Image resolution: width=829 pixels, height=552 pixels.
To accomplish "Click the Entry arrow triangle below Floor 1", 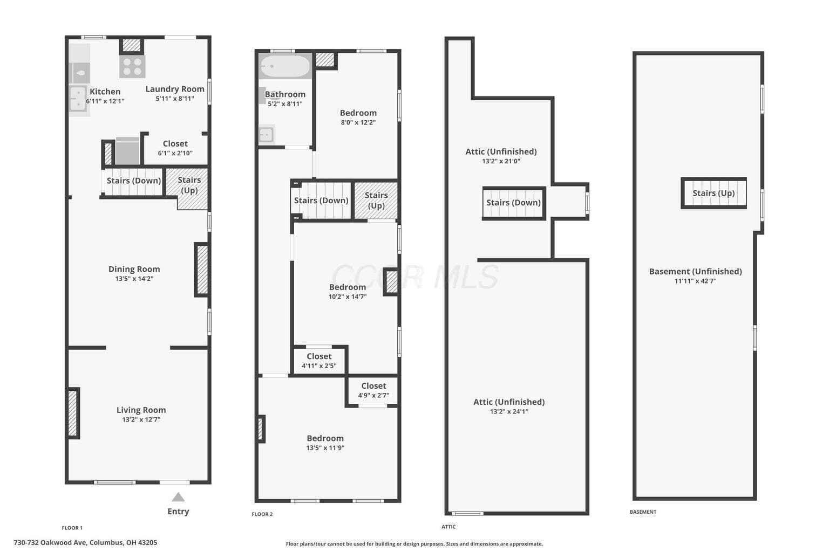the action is click(x=178, y=497).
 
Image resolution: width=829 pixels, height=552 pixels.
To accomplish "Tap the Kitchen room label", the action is click(x=105, y=92).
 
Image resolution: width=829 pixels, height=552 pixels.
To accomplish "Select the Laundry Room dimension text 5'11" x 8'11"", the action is click(x=175, y=98).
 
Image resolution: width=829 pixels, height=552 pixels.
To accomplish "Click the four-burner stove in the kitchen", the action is click(x=132, y=66).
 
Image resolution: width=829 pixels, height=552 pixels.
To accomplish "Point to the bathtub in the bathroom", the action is click(x=284, y=66).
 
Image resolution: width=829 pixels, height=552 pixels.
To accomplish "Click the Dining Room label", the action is click(x=134, y=269).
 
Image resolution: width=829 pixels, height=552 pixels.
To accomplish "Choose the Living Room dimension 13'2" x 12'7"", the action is click(x=141, y=419).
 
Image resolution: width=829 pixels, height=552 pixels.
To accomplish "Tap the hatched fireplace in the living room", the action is click(x=73, y=413).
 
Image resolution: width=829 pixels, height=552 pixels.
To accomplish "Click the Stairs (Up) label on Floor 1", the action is click(x=189, y=185).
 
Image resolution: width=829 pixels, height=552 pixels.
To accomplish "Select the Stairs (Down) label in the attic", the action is click(x=513, y=203).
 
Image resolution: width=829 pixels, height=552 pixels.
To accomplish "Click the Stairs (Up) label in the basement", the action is click(x=714, y=193).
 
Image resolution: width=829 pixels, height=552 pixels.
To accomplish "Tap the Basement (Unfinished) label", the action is click(x=695, y=271).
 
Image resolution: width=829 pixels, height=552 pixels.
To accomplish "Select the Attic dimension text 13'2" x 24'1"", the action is click(x=509, y=411).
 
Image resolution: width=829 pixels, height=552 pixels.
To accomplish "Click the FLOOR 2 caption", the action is click(x=262, y=514).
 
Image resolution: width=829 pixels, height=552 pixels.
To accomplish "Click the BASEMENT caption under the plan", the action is click(x=643, y=512).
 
